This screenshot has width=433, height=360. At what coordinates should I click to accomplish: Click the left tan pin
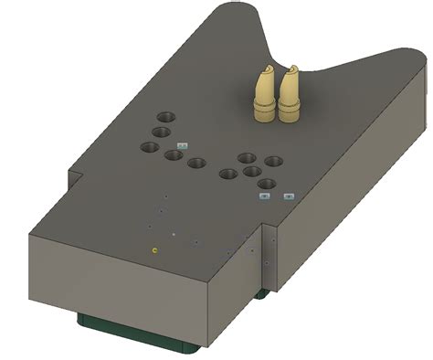(263, 96)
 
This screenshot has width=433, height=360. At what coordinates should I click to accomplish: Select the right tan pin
(291, 96)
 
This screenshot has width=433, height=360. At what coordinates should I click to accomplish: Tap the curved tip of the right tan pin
(293, 69)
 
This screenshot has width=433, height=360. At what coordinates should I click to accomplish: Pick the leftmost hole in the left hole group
(149, 147)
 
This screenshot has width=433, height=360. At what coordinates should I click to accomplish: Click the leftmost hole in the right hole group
(228, 175)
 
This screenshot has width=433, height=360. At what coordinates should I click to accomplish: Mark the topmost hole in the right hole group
(247, 158)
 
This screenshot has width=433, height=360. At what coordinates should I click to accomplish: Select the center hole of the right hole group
(253, 171)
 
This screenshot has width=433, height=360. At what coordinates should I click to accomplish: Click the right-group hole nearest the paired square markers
(266, 184)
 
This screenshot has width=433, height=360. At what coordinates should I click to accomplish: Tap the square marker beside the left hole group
(182, 144)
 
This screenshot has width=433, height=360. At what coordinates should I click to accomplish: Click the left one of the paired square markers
(264, 196)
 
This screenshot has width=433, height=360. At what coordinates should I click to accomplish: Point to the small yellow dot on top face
(154, 248)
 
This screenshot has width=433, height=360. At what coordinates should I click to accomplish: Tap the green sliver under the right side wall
(261, 294)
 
